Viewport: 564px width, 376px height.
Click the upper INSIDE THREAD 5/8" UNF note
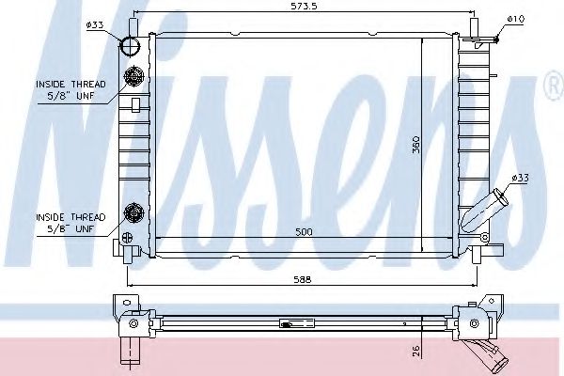point(70,90)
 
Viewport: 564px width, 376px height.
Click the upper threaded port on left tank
point(133,78)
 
